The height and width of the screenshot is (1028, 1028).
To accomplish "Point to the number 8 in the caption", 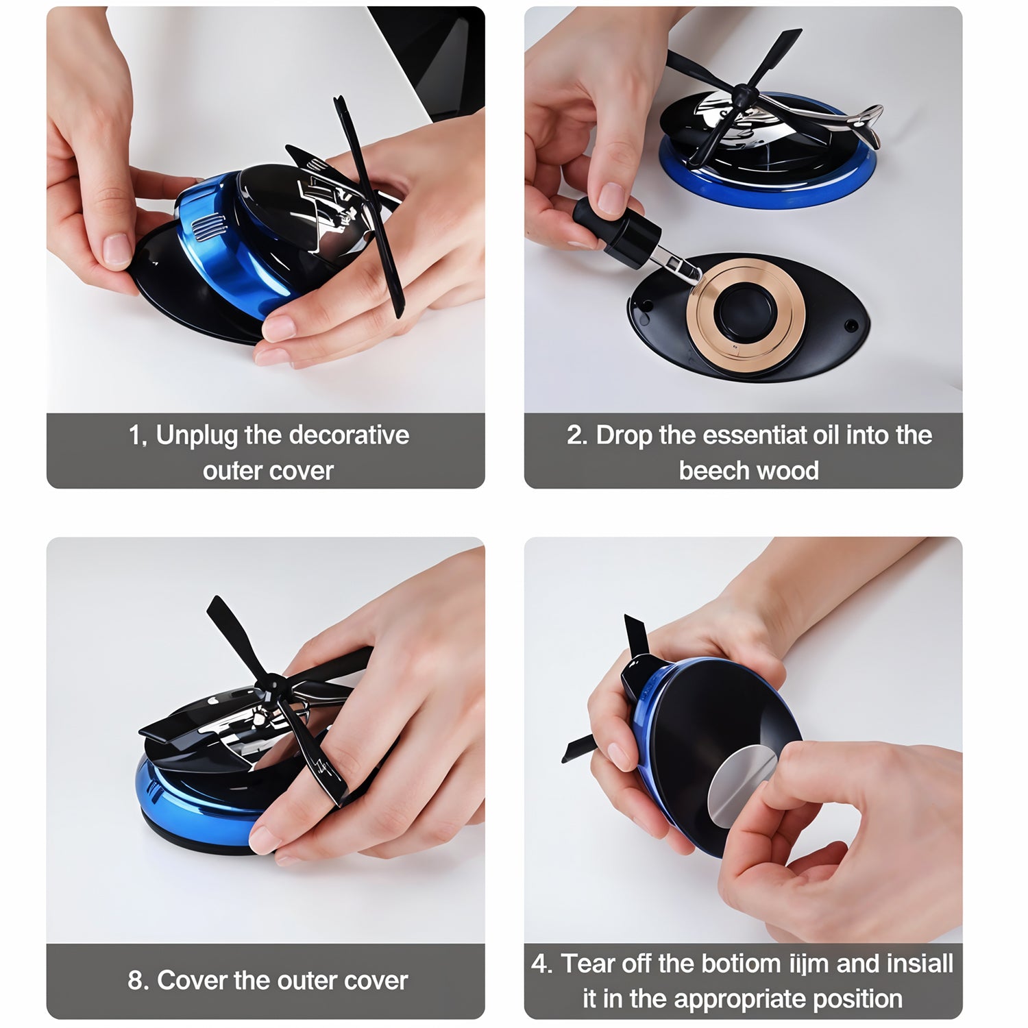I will tap(136, 981).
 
